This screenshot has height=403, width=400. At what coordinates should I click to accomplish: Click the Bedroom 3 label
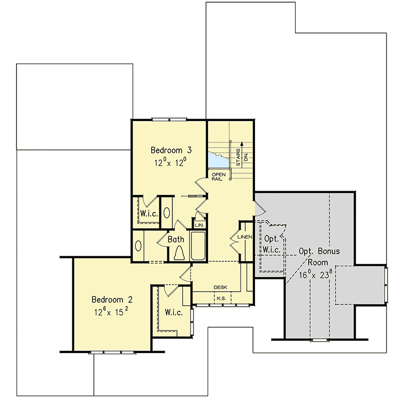pyautogui.click(x=171, y=150)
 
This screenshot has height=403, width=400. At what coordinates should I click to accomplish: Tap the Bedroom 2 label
pyautogui.click(x=113, y=299)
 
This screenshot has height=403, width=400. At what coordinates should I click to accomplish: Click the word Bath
pyautogui.click(x=176, y=239)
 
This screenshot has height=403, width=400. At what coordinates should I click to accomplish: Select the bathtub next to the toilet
pyautogui.click(x=199, y=246)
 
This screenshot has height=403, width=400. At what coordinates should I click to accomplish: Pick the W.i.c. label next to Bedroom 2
pyautogui.click(x=173, y=312)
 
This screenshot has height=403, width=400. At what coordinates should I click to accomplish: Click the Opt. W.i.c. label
pyautogui.click(x=272, y=244)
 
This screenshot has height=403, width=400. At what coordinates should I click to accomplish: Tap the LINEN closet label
pyautogui.click(x=244, y=237)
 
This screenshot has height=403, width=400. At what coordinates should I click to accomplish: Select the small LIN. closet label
pyautogui.click(x=199, y=225)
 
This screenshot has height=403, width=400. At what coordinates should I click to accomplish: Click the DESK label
pyautogui.click(x=220, y=287)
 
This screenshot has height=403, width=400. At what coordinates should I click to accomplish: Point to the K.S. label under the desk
pyautogui.click(x=220, y=298)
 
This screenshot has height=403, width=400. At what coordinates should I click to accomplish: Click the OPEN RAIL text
pyautogui.click(x=218, y=176)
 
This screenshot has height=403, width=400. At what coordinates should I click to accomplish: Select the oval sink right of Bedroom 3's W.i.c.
pyautogui.click(x=167, y=212)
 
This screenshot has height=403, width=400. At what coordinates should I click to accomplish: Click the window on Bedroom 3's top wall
pyautogui.click(x=169, y=120)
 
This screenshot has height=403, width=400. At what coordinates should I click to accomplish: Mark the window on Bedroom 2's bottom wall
pyautogui.click(x=104, y=352)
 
